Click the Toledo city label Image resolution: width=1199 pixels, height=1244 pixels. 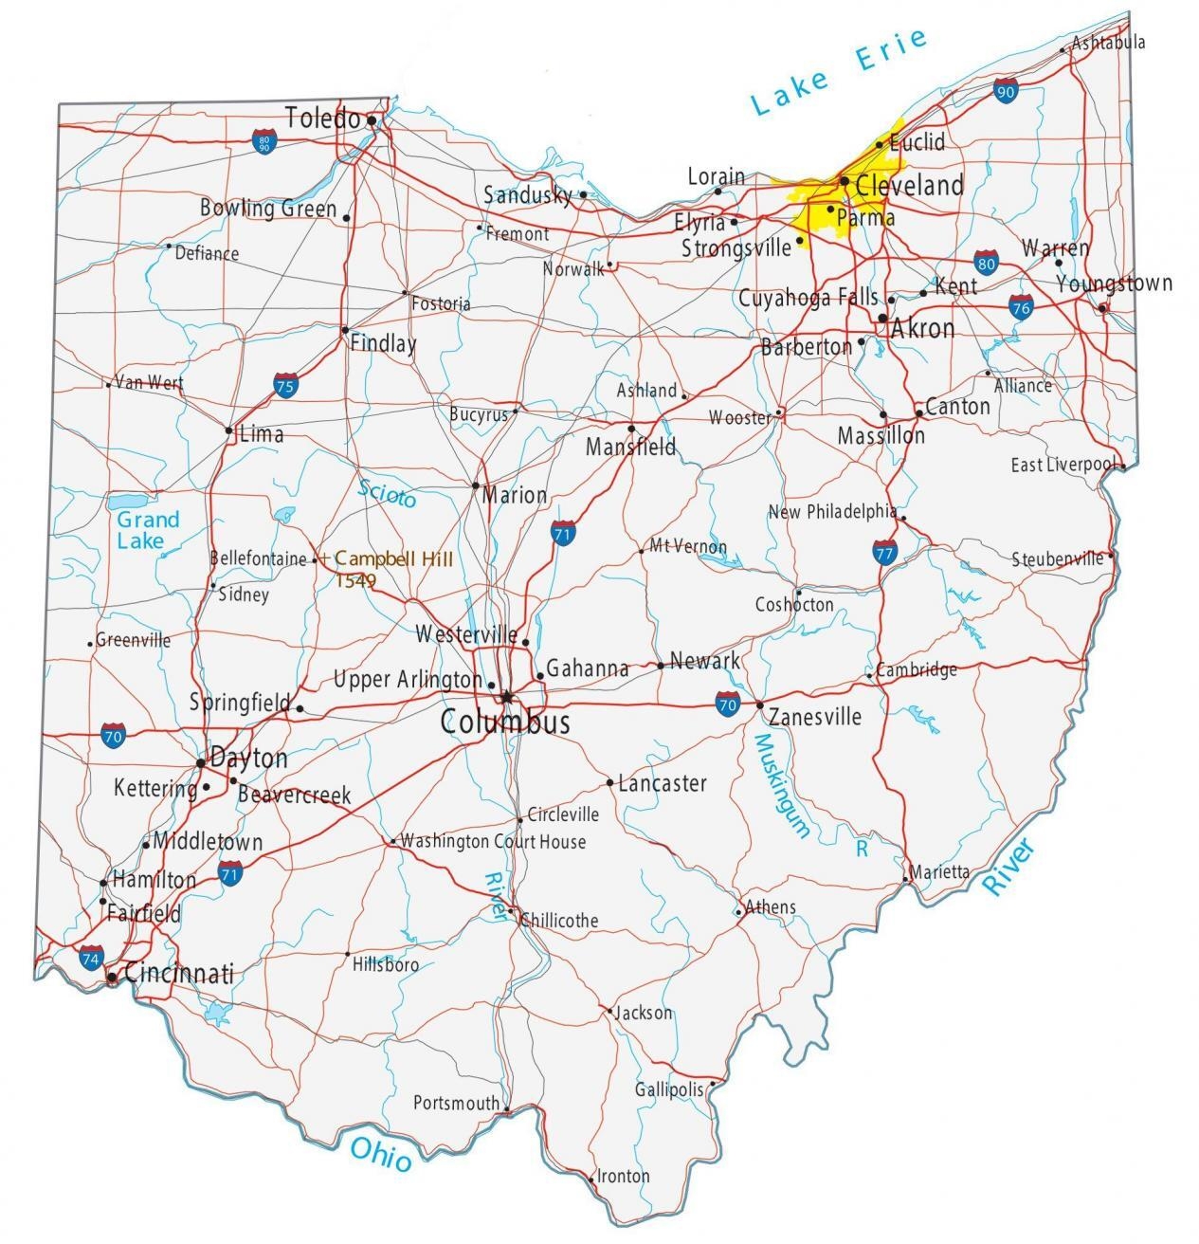tap(323, 119)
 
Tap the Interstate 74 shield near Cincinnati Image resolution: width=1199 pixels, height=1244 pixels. tap(91, 959)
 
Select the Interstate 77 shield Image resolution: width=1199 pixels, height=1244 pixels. tap(885, 552)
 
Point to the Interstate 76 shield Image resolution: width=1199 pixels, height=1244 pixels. tap(1020, 306)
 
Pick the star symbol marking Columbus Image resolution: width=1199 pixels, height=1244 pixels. tap(507, 698)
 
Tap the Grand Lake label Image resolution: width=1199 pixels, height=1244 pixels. tap(148, 531)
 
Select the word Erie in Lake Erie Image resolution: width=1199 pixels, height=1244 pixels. tap(891, 48)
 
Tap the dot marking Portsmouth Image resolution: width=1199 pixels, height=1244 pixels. tap(507, 1107)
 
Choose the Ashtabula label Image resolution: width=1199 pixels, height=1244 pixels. tap(1108, 43)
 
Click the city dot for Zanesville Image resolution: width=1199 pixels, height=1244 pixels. tap(760, 704)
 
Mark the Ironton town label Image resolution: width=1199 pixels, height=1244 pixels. tap(623, 1177)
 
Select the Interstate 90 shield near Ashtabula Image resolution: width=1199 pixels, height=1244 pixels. tap(1006, 91)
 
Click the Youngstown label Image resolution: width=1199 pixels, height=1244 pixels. tap(1114, 284)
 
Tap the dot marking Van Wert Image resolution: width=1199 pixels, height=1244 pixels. tap(109, 385)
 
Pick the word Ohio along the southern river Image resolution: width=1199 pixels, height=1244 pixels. tap(381, 1153)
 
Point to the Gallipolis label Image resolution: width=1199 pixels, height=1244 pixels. tap(669, 1089)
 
